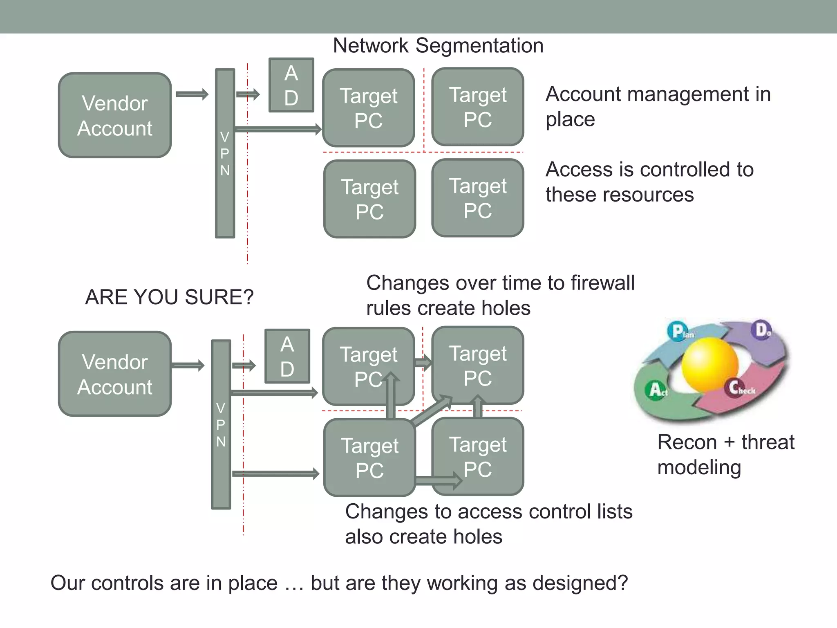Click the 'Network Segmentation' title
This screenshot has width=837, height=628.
click(438, 45)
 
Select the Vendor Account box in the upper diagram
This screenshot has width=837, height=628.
click(115, 115)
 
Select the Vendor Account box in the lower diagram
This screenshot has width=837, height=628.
click(115, 374)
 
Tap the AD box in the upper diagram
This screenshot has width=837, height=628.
click(291, 85)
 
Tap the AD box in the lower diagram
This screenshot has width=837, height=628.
click(287, 356)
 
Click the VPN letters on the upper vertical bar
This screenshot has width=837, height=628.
click(225, 153)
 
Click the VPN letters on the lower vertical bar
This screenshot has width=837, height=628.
click(221, 425)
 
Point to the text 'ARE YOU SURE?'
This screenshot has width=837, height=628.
click(169, 297)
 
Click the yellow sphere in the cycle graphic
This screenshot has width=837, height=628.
click(710, 364)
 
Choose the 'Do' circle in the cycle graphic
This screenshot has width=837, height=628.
click(762, 329)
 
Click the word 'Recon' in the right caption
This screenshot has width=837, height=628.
click(687, 442)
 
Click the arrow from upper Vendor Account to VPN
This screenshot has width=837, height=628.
click(192, 94)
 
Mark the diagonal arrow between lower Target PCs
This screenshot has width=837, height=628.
click(432, 411)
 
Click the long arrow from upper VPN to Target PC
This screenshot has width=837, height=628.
click(278, 129)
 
